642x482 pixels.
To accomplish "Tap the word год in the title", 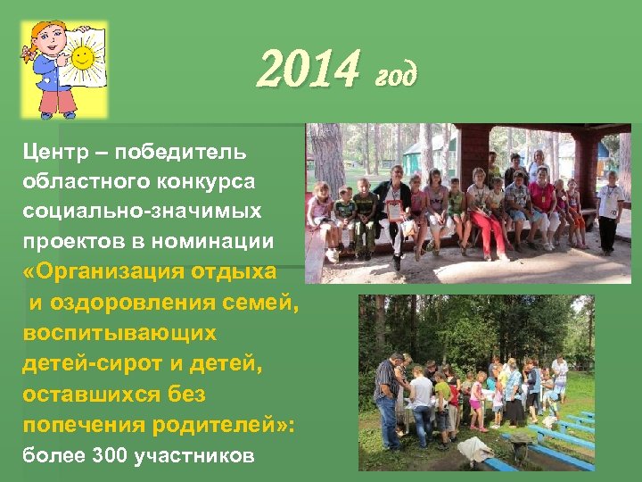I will (x=395, y=75).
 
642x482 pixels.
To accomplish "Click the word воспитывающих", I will (x=119, y=333).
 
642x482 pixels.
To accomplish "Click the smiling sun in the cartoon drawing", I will (x=83, y=61).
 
